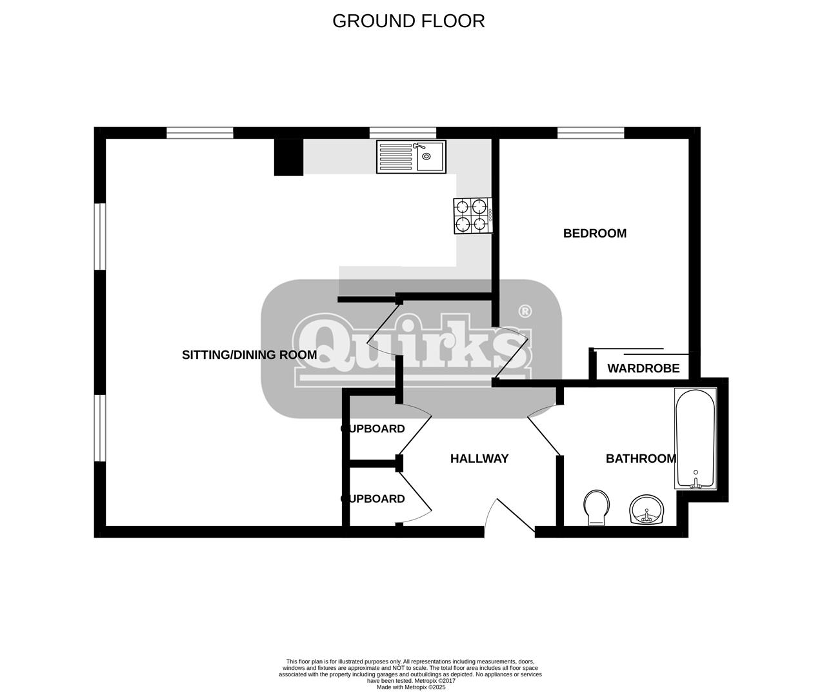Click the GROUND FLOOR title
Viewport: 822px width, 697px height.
408,21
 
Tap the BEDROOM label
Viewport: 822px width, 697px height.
594,233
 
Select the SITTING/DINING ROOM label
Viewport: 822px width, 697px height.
249,355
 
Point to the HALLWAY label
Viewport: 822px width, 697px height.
479,459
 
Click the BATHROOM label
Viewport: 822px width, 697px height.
641,459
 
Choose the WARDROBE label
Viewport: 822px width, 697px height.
643,369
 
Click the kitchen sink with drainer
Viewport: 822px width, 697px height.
411,156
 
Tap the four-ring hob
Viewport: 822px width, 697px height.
473,216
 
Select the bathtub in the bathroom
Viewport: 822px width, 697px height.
695,438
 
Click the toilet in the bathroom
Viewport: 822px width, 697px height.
596,507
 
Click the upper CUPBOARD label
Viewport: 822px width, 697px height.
373,429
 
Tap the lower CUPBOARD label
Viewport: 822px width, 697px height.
373,498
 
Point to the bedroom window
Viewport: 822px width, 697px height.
590,133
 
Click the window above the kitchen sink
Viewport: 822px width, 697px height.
403,133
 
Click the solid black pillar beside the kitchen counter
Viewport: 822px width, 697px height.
288,157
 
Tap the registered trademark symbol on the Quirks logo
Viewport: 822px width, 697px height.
525,311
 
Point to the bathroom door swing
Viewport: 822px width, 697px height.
544,430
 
